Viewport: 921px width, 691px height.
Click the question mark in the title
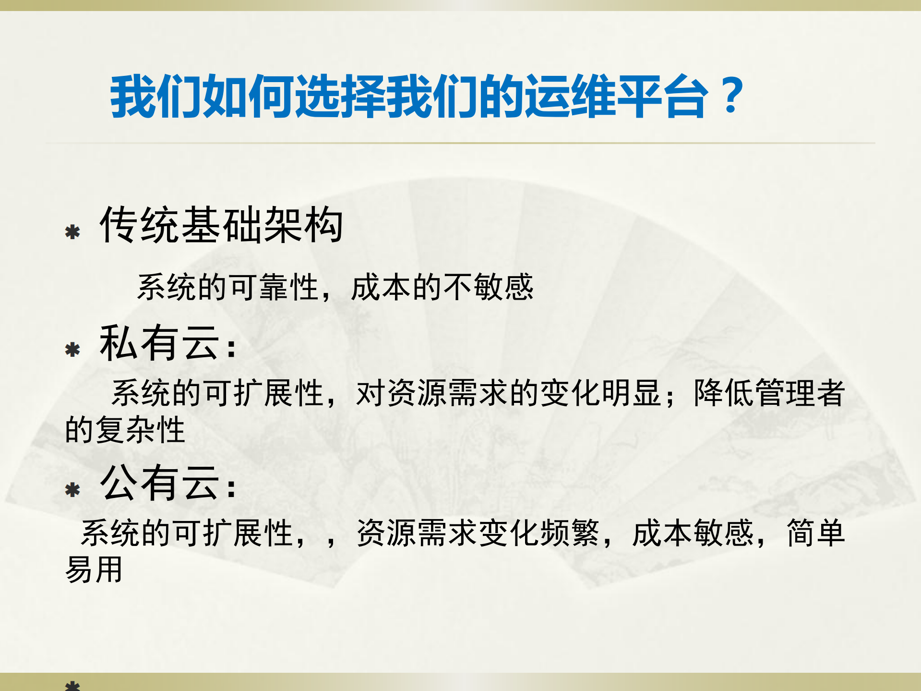coord(731,96)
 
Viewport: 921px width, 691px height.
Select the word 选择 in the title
coord(340,96)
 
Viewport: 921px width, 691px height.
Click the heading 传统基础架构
coord(221,225)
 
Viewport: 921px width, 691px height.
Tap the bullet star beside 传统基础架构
coord(72,232)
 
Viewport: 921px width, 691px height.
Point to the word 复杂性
coord(140,429)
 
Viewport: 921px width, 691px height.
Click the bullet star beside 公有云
coord(72,490)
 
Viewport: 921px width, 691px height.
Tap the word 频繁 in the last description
coord(570,533)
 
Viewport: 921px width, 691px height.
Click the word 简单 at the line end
coord(816,533)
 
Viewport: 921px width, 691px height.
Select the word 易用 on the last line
coord(94,570)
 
